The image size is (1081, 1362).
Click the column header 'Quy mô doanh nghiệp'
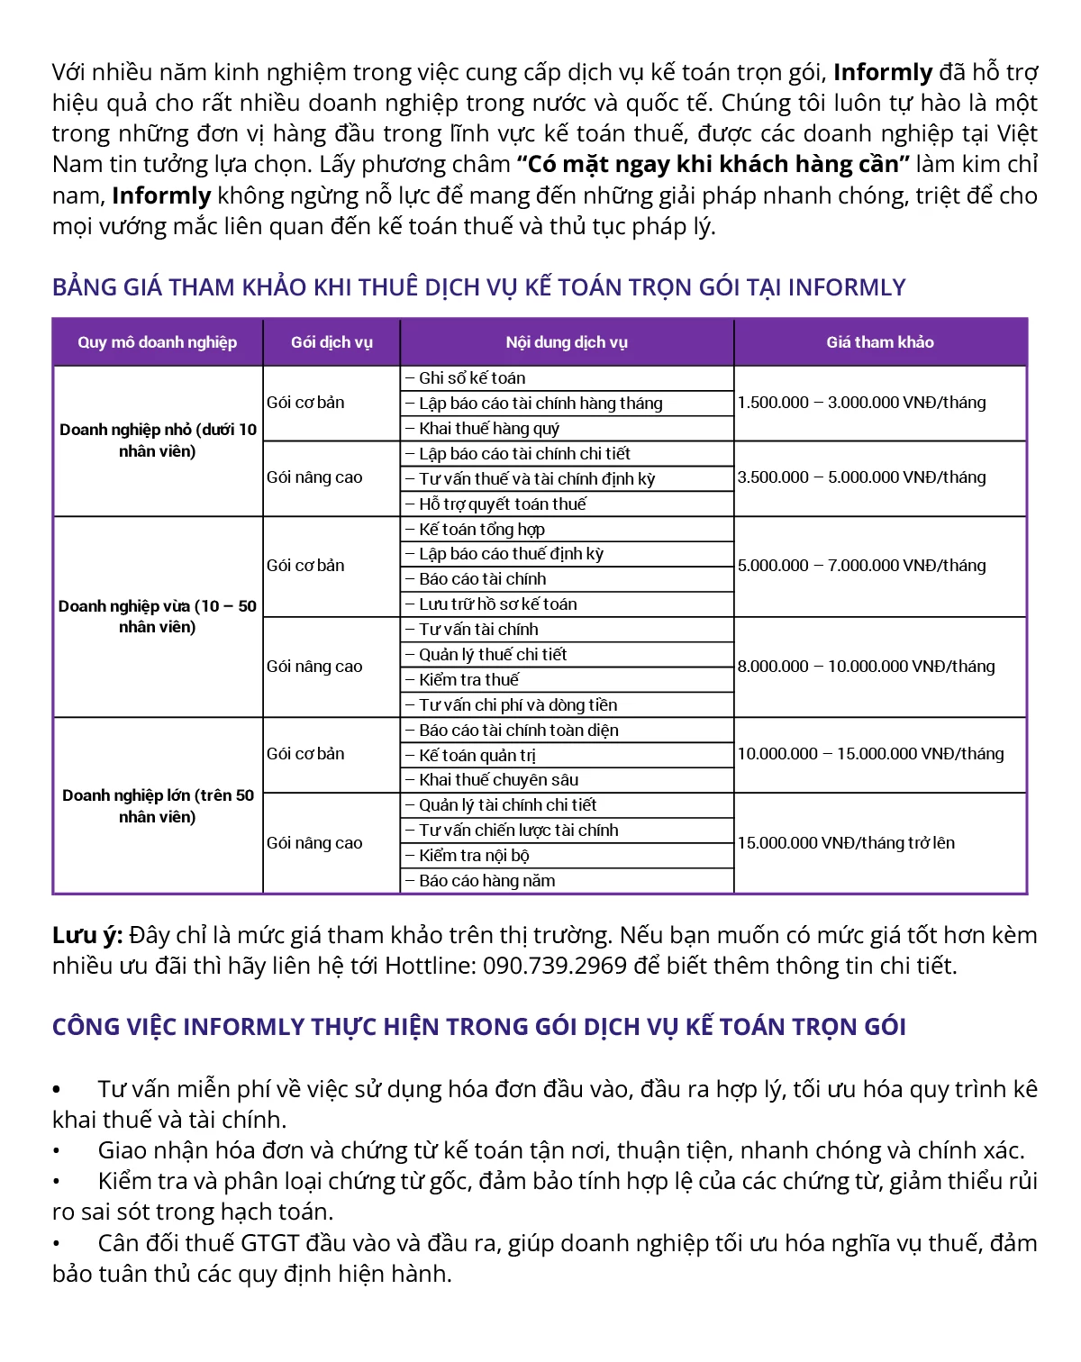(157, 342)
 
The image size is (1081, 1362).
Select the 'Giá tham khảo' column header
(880, 342)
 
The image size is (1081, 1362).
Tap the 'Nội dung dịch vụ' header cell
(567, 342)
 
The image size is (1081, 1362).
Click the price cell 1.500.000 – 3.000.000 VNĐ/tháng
(861, 403)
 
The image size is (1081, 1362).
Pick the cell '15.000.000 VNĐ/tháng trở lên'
(846, 843)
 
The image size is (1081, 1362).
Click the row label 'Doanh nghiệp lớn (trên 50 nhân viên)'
(158, 806)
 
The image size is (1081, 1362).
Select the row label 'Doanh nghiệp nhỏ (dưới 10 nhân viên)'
(158, 440)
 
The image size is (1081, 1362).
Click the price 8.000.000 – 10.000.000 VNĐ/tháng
(866, 667)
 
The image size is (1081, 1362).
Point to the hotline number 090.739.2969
(555, 966)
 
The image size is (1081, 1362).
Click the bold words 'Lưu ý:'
(86, 935)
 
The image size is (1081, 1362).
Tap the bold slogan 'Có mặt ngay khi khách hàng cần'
(713, 165)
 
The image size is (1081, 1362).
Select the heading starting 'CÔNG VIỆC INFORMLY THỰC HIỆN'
(478, 1027)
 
